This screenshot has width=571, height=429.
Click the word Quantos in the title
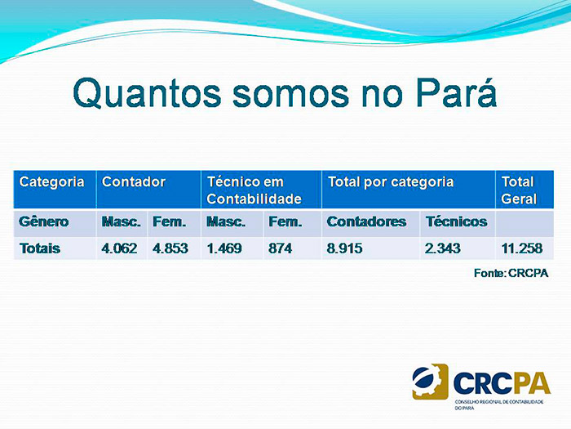pyautogui.click(x=147, y=93)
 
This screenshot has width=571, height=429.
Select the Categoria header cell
pyautogui.click(x=55, y=190)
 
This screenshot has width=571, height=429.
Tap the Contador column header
pyautogui.click(x=148, y=190)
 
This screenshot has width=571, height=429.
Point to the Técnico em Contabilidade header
pyautogui.click(x=262, y=190)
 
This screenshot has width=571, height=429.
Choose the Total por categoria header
pyautogui.click(x=409, y=190)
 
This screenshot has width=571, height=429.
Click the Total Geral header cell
pyautogui.click(x=525, y=190)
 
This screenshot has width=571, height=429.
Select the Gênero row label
pyautogui.click(x=44, y=221)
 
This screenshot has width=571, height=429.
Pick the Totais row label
pyautogui.click(x=40, y=248)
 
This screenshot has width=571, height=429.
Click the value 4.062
pyautogui.click(x=119, y=248)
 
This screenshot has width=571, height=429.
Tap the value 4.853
pyautogui.click(x=170, y=248)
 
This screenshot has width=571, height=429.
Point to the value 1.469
pyautogui.click(x=224, y=248)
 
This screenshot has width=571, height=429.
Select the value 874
pyautogui.click(x=281, y=248)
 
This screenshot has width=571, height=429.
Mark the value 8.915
pyautogui.click(x=344, y=248)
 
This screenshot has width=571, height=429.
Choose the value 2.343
pyautogui.click(x=443, y=248)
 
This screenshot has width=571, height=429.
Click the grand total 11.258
pyautogui.click(x=522, y=248)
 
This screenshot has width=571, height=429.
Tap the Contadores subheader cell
pyautogui.click(x=370, y=223)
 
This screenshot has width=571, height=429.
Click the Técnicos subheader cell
pyautogui.click(x=458, y=223)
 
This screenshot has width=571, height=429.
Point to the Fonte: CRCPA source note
pyautogui.click(x=511, y=273)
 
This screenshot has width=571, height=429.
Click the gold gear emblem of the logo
pyautogui.click(x=430, y=382)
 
